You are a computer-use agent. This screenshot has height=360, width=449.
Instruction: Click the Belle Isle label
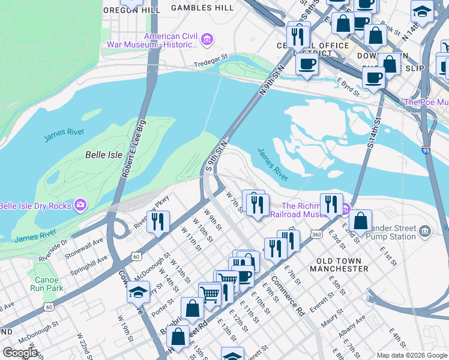click(103, 155)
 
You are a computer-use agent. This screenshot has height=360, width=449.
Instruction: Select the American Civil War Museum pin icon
click(207, 40)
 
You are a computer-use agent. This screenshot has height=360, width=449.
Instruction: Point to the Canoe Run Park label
click(47, 284)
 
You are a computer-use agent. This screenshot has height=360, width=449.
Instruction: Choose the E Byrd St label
click(348, 87)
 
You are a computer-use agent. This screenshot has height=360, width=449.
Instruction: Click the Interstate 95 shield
click(426, 151)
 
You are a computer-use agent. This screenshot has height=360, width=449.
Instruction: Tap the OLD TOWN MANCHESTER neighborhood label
click(339, 265)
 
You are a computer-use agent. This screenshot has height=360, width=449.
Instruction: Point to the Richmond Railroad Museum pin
click(346, 209)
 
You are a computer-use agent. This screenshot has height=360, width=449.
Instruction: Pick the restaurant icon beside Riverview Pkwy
click(157, 221)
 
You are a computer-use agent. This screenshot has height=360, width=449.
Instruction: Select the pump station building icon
click(425, 231)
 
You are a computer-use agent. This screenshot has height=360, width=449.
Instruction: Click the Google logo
click(20, 352)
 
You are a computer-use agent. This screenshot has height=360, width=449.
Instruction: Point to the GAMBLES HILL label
click(202, 8)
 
